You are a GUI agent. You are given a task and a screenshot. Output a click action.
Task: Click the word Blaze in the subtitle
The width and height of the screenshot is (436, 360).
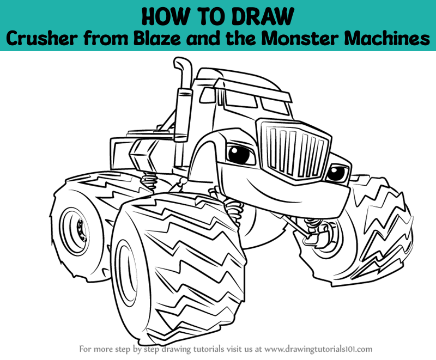(158, 38)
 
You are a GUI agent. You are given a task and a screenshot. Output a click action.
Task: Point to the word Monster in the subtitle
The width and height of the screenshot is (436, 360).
(301, 38)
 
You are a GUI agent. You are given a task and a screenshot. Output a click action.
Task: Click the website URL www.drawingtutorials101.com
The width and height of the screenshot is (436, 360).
(318, 349)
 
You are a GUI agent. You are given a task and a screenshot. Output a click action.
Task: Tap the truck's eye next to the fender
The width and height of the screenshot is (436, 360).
(240, 154)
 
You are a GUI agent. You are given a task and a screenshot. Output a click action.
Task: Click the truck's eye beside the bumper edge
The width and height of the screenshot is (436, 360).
(337, 173)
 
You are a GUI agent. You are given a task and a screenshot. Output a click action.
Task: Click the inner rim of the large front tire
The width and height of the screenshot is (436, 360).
(126, 273)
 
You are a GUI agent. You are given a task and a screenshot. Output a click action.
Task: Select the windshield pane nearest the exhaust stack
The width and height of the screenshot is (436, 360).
(241, 99)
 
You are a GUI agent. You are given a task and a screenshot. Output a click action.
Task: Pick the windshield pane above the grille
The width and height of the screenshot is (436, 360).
(275, 106)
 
